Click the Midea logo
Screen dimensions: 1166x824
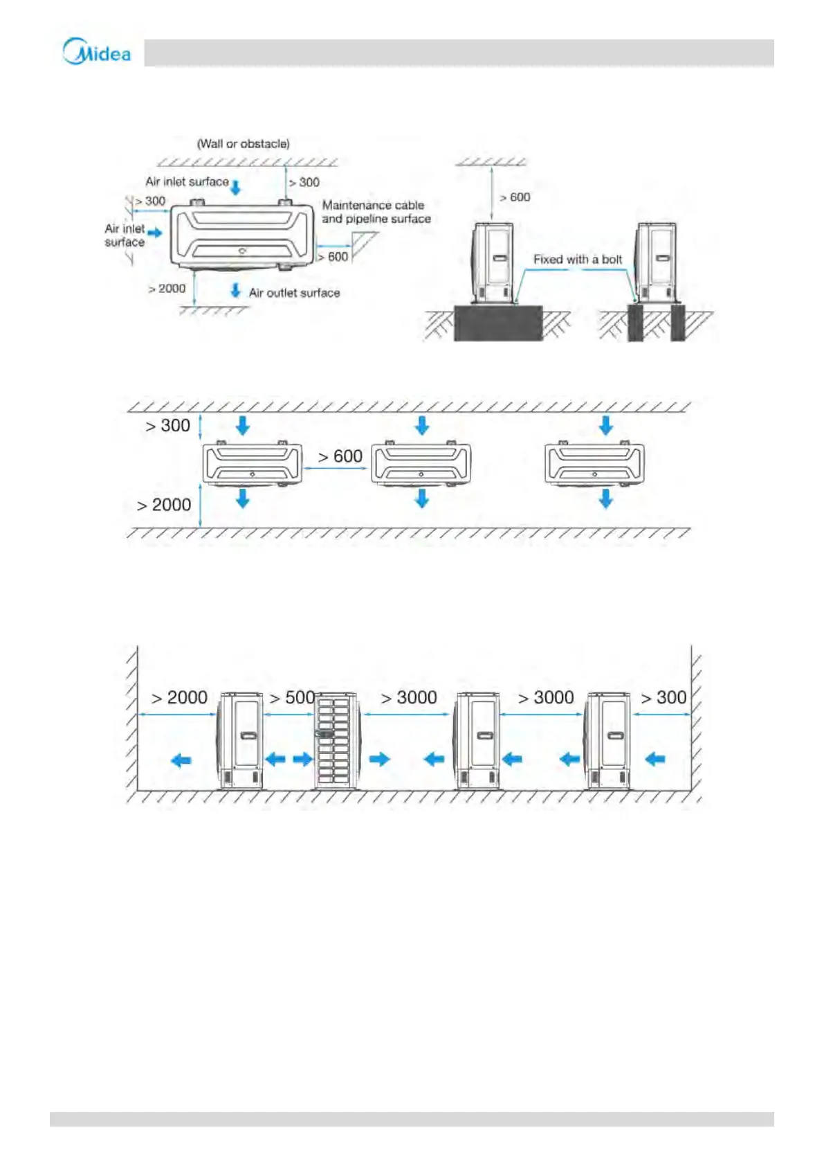click(x=97, y=52)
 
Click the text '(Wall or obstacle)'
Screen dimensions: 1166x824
click(x=244, y=144)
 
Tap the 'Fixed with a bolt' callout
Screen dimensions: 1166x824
click(x=578, y=260)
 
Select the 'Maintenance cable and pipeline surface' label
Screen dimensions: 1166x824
click(x=376, y=212)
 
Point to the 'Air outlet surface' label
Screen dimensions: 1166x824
click(x=295, y=293)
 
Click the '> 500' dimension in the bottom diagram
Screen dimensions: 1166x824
click(x=292, y=697)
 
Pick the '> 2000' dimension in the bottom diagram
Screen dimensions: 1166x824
click(x=179, y=697)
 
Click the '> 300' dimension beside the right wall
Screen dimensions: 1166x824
click(x=663, y=697)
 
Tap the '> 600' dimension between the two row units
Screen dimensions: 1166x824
click(x=340, y=457)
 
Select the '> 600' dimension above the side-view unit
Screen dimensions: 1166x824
click(x=515, y=197)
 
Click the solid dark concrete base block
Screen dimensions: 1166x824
click(x=497, y=323)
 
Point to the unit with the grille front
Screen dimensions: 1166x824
click(x=335, y=741)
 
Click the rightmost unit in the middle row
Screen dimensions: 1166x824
click(x=594, y=463)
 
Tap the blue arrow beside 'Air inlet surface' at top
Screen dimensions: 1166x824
click(x=236, y=187)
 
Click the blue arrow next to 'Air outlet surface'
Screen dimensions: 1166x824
click(x=236, y=290)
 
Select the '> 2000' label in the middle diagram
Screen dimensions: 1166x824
click(x=164, y=505)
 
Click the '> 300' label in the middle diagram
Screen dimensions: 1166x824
click(x=167, y=426)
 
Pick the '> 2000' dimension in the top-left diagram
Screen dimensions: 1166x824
click(x=167, y=289)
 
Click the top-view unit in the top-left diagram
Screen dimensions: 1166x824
click(x=242, y=235)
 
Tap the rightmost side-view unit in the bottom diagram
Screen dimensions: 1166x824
click(x=607, y=741)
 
